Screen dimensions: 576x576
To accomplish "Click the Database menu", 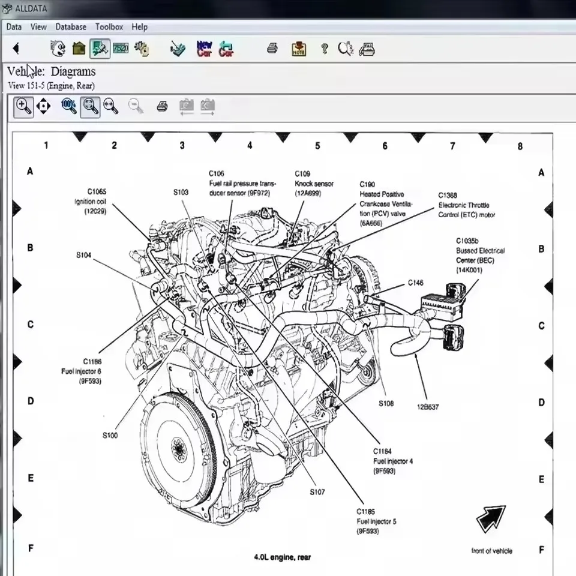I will click(71, 27).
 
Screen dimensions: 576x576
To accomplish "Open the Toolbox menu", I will click(109, 27).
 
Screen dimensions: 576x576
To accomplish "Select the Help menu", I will click(139, 27).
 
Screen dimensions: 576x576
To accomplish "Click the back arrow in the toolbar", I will click(16, 49).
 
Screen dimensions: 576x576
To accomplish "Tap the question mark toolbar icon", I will click(325, 49).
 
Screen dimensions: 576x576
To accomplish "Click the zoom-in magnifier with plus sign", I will click(23, 107).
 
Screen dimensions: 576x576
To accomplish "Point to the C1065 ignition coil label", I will click(91, 201).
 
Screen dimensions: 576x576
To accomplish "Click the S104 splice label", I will click(83, 255).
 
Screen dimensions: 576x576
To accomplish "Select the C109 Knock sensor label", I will click(314, 184).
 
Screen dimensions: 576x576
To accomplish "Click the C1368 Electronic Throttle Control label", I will click(466, 205).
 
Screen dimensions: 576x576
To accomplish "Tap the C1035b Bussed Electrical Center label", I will click(480, 255).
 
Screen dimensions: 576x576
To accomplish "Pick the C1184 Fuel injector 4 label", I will click(393, 461).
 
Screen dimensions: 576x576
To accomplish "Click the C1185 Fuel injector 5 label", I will click(376, 521).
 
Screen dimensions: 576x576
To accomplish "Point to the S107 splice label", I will click(317, 492).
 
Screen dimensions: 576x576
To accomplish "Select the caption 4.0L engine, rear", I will click(282, 557).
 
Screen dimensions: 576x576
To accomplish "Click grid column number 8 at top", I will click(520, 146).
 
